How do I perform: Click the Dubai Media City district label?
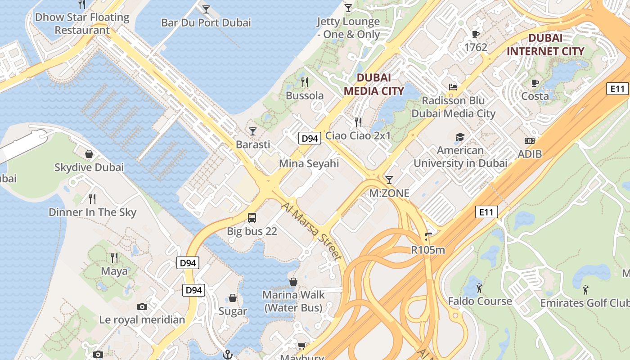[373, 84]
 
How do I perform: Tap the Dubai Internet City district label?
[545, 45]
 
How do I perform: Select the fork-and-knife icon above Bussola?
[305, 82]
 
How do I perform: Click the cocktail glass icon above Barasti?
[253, 131]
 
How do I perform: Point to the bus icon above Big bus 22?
[252, 218]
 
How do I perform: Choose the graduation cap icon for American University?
[460, 137]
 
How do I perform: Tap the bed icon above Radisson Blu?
[453, 87]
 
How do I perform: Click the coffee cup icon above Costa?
[535, 83]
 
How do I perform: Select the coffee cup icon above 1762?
[475, 34]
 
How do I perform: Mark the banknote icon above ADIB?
[530, 141]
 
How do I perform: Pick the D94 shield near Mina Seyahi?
[310, 138]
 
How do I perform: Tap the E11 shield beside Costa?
[617, 89]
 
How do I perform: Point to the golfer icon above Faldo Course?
[479, 288]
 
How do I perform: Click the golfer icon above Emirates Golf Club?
[585, 289]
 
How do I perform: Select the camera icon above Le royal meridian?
[142, 307]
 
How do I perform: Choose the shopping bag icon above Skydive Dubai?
[89, 154]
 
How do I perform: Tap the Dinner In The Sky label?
[92, 212]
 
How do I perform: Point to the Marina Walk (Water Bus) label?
[293, 301]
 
